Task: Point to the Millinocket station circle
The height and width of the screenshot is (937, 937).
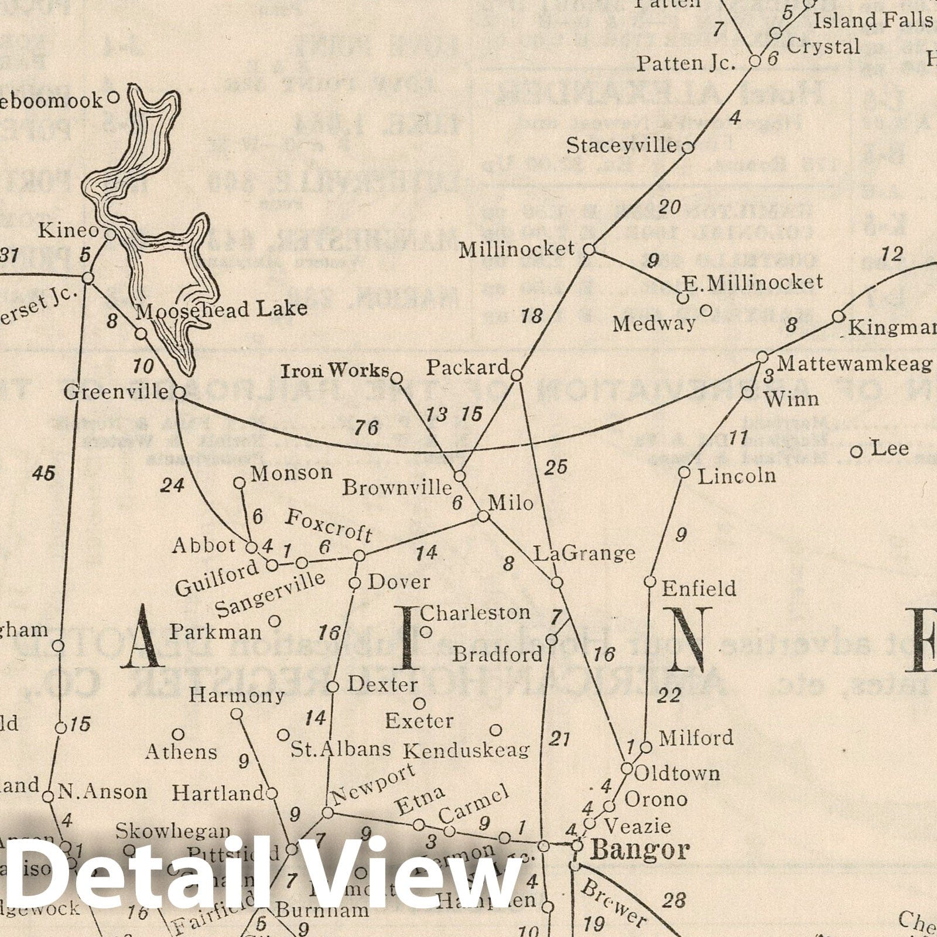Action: (590, 250)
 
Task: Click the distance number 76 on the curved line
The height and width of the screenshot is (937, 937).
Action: (366, 428)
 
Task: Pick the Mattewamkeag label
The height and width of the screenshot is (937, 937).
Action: (854, 364)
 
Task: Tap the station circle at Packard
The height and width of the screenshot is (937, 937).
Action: (517, 375)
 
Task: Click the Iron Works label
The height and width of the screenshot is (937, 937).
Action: (335, 371)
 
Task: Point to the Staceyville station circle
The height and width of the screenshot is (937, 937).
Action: (689, 148)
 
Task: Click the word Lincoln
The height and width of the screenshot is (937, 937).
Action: (737, 476)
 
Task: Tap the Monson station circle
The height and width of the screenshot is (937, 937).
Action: (240, 483)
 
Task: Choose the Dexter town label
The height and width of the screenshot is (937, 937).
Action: (383, 685)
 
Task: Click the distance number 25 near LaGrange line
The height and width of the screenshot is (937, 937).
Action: (556, 467)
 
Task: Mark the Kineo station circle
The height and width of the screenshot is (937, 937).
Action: (110, 234)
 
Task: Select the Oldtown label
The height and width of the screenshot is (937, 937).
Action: (677, 774)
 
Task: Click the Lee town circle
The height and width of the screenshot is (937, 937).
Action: (856, 452)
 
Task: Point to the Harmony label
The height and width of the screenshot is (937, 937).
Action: (237, 696)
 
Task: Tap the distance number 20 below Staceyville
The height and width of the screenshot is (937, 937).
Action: (670, 207)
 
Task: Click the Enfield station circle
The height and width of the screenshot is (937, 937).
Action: (650, 582)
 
